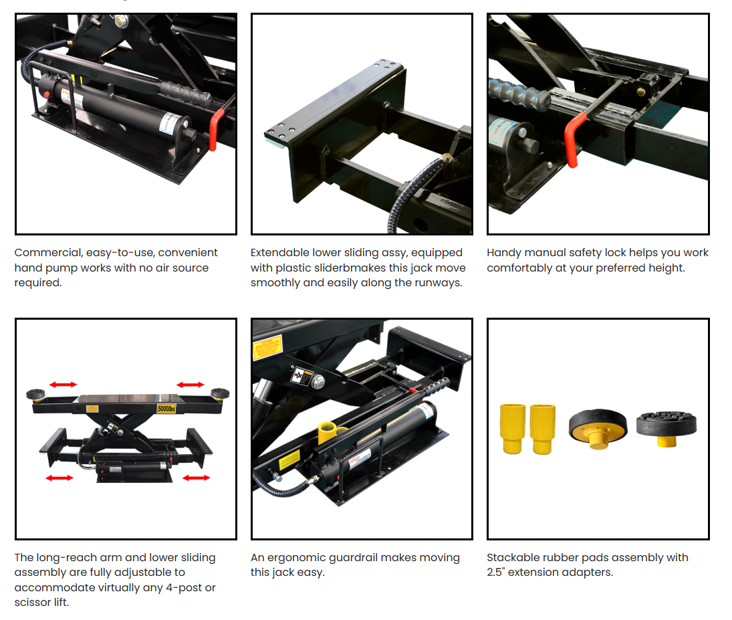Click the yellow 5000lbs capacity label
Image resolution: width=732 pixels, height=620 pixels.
click(x=166, y=408)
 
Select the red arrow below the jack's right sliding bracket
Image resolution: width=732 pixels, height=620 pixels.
click(x=197, y=478)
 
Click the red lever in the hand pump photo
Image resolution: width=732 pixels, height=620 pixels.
click(x=216, y=129)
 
